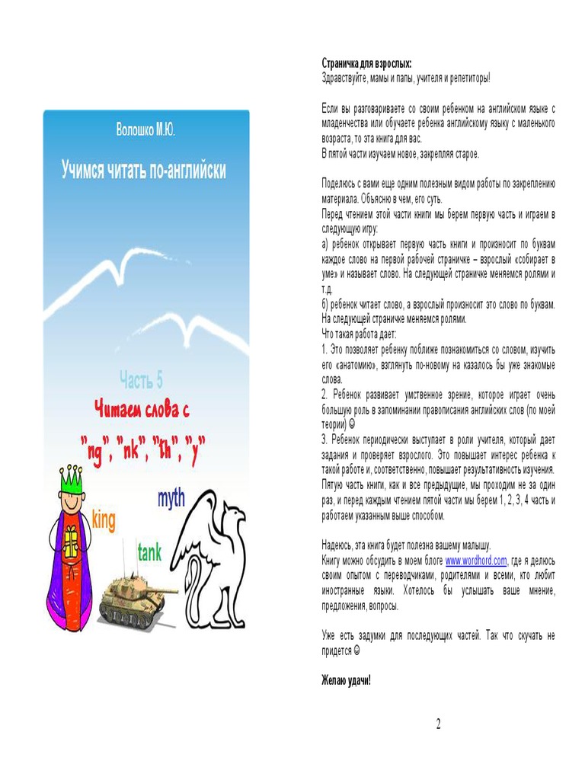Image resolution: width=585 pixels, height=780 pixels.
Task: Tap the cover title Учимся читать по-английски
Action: [x=144, y=169]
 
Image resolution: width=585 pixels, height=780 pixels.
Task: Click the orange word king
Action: [x=104, y=520]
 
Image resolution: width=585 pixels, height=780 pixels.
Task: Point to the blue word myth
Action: [x=171, y=500]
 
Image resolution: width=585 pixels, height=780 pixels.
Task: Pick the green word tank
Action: [x=149, y=553]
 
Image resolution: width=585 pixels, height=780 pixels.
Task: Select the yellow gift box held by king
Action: [x=70, y=542]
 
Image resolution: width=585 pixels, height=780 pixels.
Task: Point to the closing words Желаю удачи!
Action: [x=346, y=680]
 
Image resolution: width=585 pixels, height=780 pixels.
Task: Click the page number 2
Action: [x=438, y=724]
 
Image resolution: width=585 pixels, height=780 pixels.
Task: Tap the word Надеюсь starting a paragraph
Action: [x=340, y=545]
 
